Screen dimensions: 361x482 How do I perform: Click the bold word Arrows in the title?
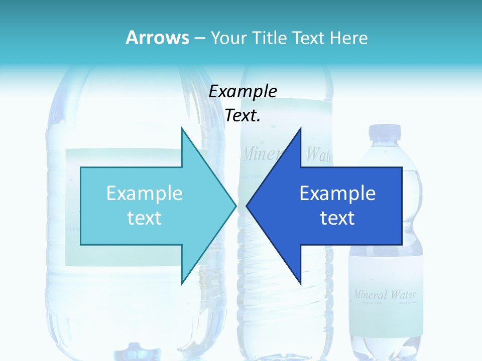[x=158, y=38]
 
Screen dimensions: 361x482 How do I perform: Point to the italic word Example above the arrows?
[x=243, y=91]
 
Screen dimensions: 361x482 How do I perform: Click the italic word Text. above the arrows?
[x=243, y=116]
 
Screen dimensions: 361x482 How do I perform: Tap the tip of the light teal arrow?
[x=235, y=205]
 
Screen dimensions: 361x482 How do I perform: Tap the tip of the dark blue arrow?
[x=247, y=205]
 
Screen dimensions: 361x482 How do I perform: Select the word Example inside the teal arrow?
[x=145, y=194]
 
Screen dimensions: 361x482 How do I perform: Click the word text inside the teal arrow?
[x=145, y=218]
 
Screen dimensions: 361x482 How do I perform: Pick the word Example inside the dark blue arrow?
[x=337, y=194]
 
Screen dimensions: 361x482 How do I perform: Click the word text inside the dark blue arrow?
[x=337, y=218]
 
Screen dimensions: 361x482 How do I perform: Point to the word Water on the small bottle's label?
[x=403, y=294]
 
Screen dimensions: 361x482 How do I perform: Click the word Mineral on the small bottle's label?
[x=371, y=294]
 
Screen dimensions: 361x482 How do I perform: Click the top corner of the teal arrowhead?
[x=182, y=128]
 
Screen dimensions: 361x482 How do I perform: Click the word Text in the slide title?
[x=310, y=38]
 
